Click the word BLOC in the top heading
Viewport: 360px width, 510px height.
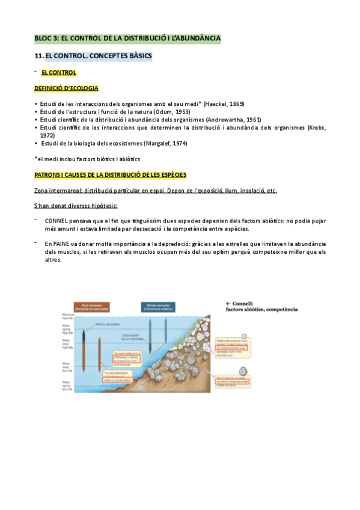coord(43,39)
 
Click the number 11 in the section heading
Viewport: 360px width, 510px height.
coord(38,57)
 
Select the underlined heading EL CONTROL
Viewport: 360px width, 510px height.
coord(58,73)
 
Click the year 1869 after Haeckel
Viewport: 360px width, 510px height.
coord(235,104)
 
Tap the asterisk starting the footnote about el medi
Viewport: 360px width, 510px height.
coord(36,158)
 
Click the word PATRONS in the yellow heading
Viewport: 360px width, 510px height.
coord(49,174)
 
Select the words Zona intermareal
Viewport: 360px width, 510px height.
coord(58,191)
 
